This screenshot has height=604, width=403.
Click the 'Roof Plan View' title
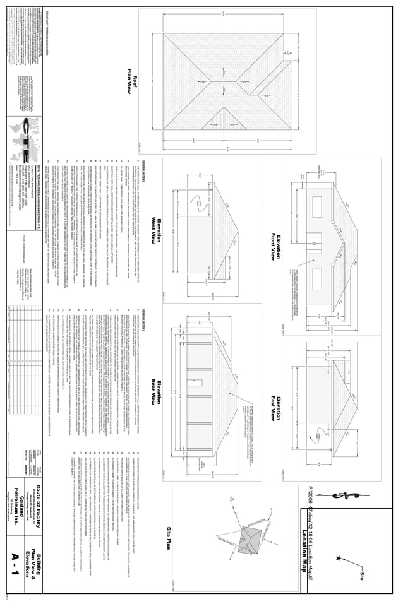tap(133, 84)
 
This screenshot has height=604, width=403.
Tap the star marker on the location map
tap(339, 559)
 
